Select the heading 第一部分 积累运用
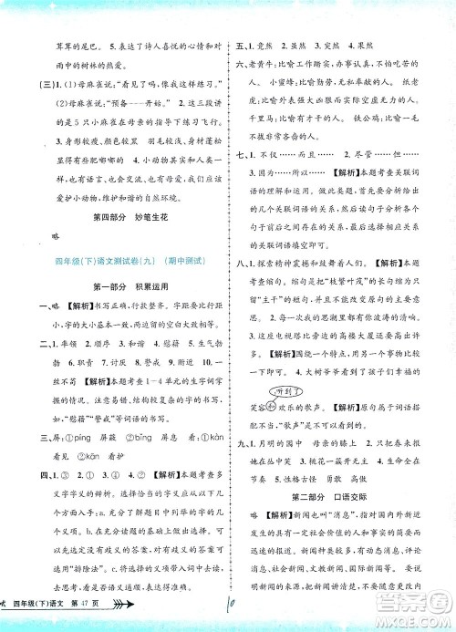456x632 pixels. click(115, 285)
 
